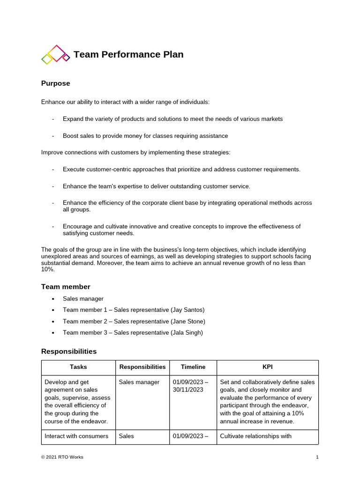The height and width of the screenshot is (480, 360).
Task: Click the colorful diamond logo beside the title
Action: tap(55, 54)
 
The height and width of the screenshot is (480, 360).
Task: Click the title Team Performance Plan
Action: tap(128, 54)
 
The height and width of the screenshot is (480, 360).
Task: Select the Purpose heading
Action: tap(55, 83)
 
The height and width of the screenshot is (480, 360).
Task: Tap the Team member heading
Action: tap(66, 286)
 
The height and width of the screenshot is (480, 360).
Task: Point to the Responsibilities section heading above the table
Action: tap(69, 351)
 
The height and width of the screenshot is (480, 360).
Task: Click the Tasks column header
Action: tap(78, 367)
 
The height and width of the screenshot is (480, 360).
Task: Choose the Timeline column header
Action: tap(193, 367)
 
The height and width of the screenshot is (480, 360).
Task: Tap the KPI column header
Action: tap(267, 367)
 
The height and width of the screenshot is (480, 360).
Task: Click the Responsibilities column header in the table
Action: tap(142, 367)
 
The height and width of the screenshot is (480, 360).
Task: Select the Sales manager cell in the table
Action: tap(139, 382)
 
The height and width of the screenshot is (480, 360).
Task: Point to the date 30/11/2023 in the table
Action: tap(188, 390)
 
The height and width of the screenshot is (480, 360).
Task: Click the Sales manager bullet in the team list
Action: tap(83, 299)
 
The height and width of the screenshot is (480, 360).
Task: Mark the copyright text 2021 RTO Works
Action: tap(62, 457)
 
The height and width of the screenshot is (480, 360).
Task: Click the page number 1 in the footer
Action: tap(317, 457)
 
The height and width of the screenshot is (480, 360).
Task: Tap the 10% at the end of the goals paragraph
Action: tap(48, 270)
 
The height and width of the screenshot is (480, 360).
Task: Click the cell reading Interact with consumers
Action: tap(76, 436)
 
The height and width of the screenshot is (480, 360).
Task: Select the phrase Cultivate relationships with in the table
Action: tap(255, 436)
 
